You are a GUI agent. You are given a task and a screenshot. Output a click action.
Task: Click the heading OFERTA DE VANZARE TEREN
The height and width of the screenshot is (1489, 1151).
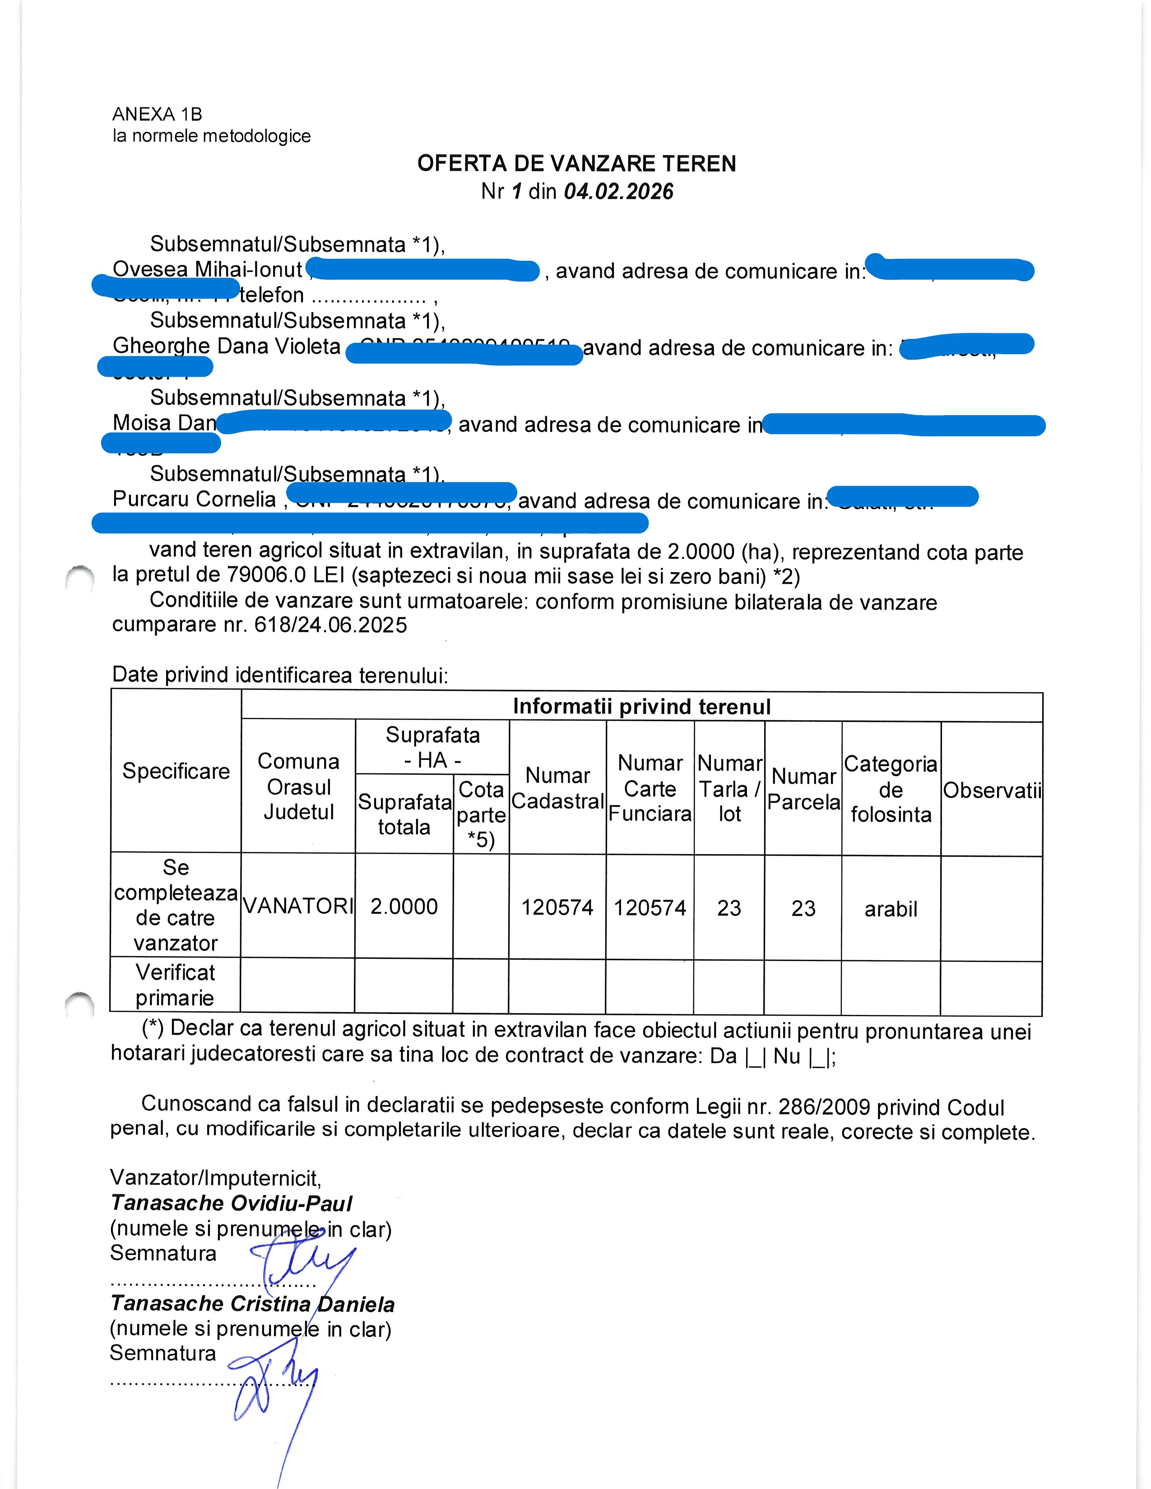(x=576, y=164)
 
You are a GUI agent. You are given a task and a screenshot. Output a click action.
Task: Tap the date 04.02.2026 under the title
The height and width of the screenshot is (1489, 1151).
(x=618, y=192)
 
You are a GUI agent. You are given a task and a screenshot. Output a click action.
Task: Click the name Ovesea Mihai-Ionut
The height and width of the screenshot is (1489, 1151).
(x=207, y=270)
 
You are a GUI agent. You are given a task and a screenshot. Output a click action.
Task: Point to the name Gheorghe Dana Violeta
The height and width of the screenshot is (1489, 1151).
(x=227, y=347)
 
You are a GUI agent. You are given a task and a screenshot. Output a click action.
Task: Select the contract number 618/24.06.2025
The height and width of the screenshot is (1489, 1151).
(x=331, y=625)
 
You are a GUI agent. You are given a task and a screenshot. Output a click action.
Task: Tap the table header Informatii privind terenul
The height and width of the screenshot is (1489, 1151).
(x=642, y=706)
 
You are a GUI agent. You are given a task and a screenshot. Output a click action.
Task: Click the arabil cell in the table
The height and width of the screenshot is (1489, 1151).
(x=891, y=909)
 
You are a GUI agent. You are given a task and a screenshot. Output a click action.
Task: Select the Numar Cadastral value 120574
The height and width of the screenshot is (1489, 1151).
(x=557, y=907)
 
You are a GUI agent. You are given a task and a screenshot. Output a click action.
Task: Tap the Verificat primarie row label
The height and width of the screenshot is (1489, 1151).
(x=175, y=985)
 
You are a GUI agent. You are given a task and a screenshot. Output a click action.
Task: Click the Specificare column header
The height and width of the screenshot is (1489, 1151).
(x=176, y=771)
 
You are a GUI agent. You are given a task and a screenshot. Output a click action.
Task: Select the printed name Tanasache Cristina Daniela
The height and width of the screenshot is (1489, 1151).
(x=252, y=1304)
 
